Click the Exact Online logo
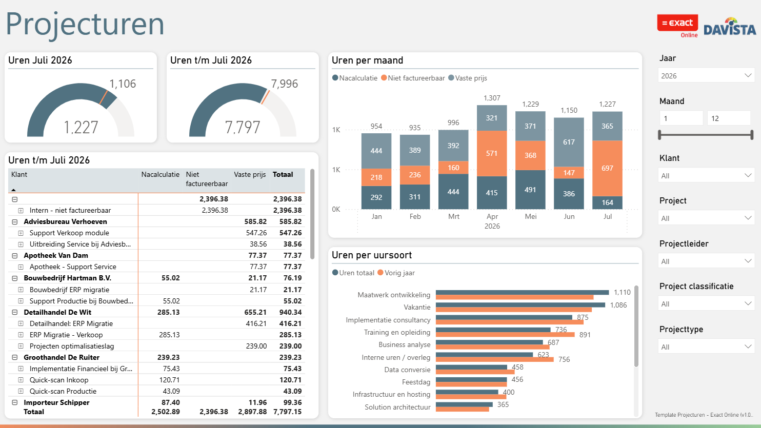point(677,26)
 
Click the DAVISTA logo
point(730,27)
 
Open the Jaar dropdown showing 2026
point(706,75)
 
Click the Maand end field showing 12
point(728,118)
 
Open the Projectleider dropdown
point(706,261)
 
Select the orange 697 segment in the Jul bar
point(607,168)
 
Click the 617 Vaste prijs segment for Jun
point(569,142)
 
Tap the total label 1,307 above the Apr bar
point(492,98)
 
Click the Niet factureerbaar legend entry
point(413,78)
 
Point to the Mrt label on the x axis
point(453,216)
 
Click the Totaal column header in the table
point(283,175)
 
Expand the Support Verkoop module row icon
point(21,233)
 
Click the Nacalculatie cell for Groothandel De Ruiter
point(168,357)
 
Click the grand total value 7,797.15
point(287,412)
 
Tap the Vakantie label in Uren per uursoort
point(417,307)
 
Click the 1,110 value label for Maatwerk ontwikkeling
point(622,292)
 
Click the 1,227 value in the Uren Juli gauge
point(81,128)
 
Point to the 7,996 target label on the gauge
point(285,84)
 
